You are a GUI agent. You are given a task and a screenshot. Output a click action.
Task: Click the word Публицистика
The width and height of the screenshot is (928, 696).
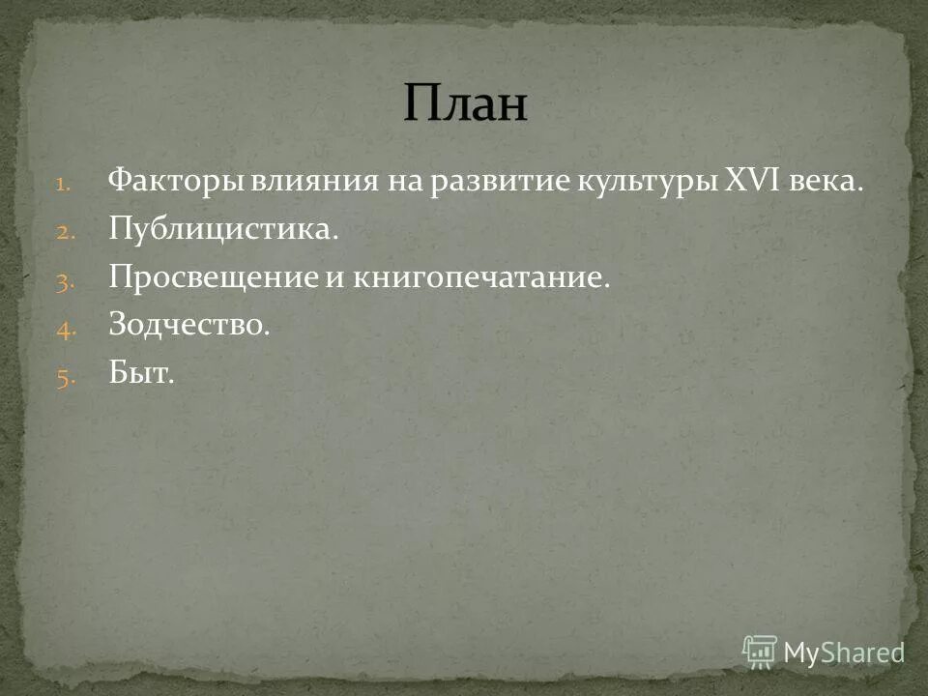coord(223,230)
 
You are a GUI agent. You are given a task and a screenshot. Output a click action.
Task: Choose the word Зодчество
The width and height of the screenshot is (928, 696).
coord(188,327)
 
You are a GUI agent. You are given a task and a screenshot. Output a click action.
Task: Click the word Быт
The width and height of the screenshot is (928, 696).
coord(141,375)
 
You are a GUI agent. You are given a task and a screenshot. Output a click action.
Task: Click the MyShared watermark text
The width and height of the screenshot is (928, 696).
coord(843,652)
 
